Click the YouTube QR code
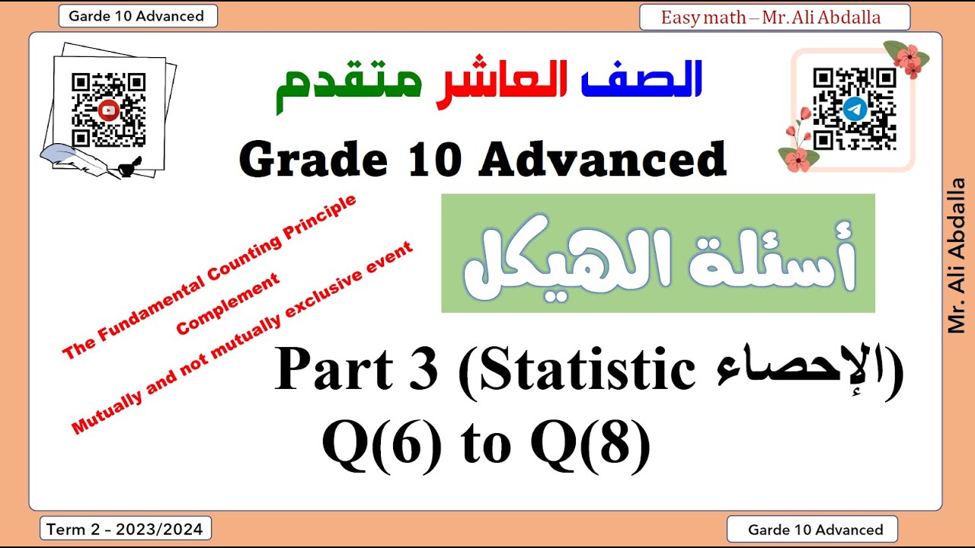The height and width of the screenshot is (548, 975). coord(108,110)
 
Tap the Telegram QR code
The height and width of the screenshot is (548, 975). coord(854,109)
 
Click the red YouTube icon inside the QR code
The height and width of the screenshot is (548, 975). coord(108,110)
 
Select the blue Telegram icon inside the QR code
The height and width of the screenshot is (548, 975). coord(854,110)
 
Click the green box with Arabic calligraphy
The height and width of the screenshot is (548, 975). coord(658,253)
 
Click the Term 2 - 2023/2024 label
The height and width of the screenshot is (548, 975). coord(125,529)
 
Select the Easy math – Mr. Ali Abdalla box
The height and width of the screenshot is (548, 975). coord(774,18)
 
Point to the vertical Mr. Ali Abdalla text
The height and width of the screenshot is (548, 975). coord(957,255)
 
